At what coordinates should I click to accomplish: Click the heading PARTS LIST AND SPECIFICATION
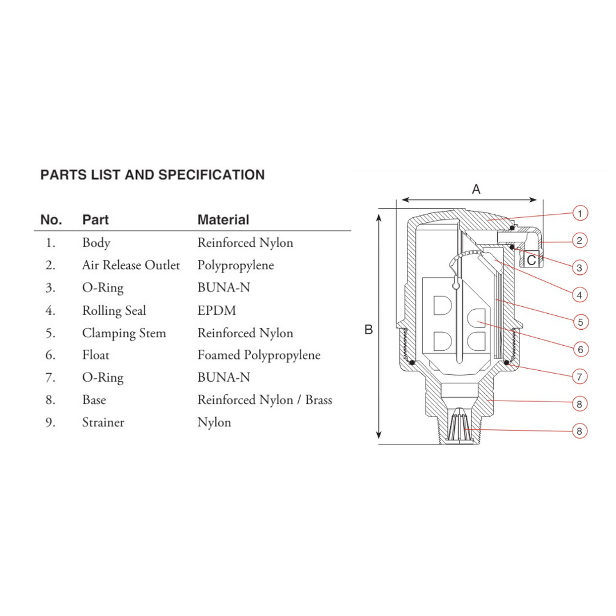point(153,175)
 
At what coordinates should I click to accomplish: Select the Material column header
point(223,219)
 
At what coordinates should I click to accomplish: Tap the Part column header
point(95,219)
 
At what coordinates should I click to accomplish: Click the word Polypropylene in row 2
point(235,266)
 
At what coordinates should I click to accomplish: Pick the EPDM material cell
point(217,310)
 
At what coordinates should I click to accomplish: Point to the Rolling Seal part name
point(114,311)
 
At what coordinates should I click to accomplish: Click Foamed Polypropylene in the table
point(259,355)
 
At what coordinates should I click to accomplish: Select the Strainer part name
point(103,422)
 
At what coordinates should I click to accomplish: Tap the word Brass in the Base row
point(319,400)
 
